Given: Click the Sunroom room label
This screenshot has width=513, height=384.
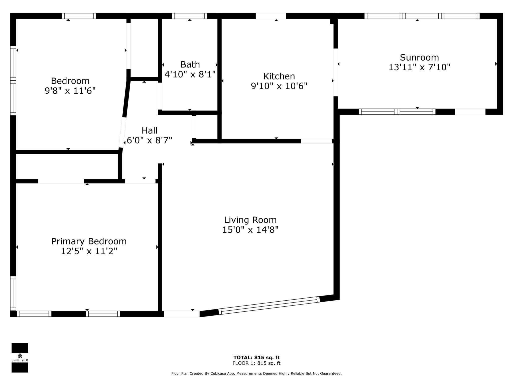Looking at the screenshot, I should (x=419, y=57).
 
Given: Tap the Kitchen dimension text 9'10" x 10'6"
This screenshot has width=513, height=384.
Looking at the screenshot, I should (x=279, y=86).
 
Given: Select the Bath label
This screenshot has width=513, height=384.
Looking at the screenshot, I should (x=190, y=64).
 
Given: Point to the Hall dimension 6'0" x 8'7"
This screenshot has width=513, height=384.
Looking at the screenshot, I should (x=150, y=140).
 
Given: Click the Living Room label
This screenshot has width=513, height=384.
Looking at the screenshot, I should (x=250, y=220).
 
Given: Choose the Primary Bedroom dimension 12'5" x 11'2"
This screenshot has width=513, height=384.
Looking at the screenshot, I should (x=89, y=251).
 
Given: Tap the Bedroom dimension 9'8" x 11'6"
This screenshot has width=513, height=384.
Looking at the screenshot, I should (x=70, y=90).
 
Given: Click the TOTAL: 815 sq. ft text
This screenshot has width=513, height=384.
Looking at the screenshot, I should (x=256, y=357).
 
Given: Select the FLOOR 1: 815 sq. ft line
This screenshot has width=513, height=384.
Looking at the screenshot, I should (x=256, y=363).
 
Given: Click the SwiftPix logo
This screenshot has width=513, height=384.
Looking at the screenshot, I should (x=20, y=358).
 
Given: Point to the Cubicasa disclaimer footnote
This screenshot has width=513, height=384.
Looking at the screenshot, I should (x=256, y=373).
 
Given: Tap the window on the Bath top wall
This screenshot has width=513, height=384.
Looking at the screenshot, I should (x=190, y=16).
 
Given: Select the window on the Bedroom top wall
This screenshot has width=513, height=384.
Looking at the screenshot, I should (x=79, y=16).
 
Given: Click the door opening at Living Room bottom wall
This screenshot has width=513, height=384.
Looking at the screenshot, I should (x=182, y=314).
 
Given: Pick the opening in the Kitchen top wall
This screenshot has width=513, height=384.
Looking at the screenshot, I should (x=271, y=16).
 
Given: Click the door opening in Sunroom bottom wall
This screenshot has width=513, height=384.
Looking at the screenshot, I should (x=470, y=112).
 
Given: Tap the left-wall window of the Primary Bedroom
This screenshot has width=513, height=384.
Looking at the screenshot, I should (x=13, y=293).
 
